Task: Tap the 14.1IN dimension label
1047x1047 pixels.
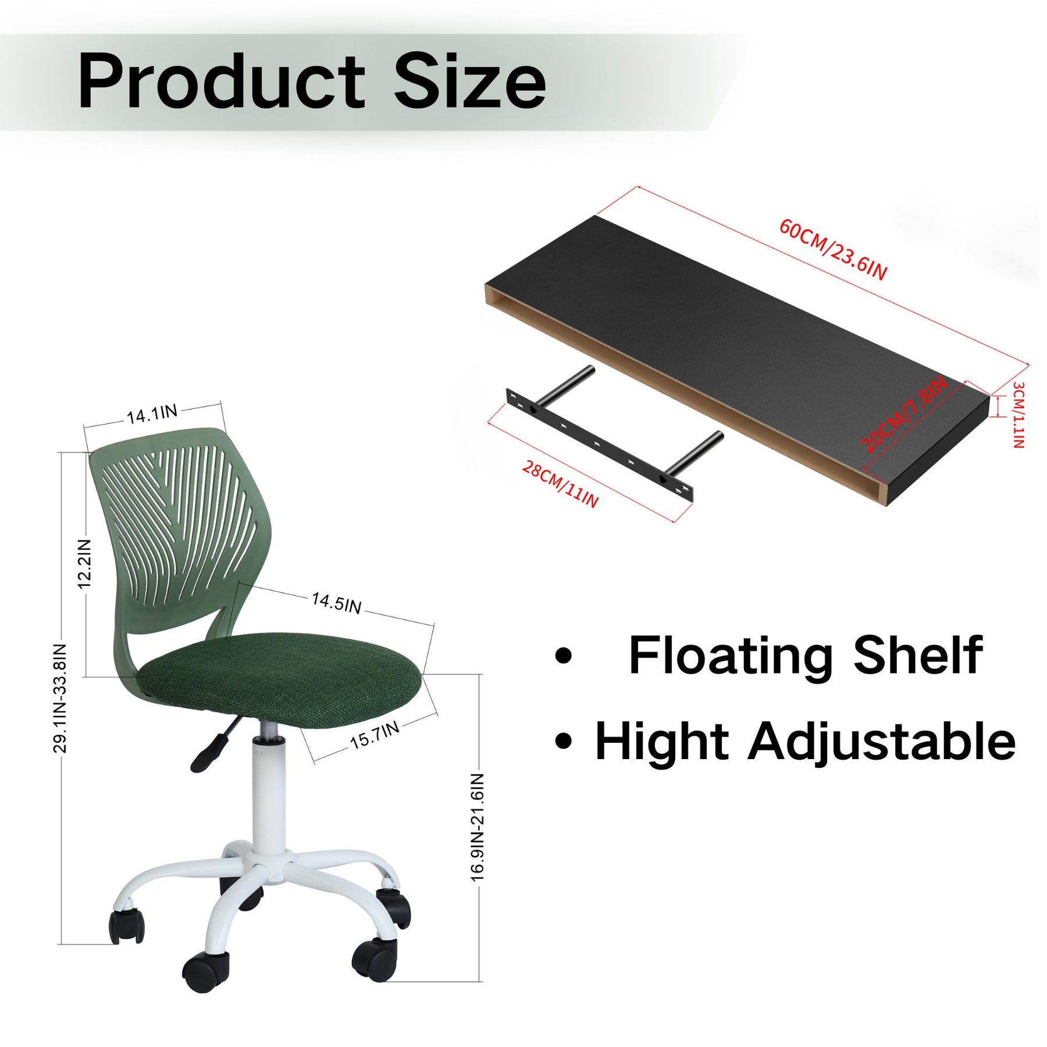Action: tap(152, 414)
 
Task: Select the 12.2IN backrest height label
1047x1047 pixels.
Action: tap(86, 563)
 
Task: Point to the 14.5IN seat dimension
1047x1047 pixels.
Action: tap(336, 603)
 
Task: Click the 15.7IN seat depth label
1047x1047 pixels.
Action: tap(375, 735)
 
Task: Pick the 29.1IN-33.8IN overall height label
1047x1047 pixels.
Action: tap(60, 698)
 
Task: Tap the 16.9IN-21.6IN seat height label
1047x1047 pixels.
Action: tap(478, 827)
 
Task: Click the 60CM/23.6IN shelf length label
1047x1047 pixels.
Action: tap(833, 250)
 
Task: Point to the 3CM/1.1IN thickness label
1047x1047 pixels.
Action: tap(1018, 415)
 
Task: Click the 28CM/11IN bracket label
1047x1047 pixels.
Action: tap(560, 484)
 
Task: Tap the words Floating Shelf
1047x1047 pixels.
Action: tap(806, 656)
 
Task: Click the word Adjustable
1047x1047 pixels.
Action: tap(882, 743)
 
